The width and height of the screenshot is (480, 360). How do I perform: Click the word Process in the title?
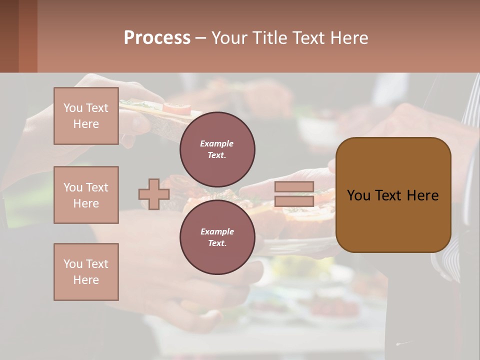[157, 38]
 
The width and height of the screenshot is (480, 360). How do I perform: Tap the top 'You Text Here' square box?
[86, 116]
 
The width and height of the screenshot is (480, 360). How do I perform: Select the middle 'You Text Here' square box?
[86, 195]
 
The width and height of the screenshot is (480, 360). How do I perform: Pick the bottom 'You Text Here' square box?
[86, 272]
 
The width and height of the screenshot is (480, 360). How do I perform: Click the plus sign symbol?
[154, 194]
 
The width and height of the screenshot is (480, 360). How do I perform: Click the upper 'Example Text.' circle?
[217, 149]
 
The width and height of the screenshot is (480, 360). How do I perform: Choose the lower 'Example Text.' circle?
[217, 237]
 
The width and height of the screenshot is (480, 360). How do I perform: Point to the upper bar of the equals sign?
[294, 187]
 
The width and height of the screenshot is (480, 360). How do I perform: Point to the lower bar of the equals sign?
[294, 201]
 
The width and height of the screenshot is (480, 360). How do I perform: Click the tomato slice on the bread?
[177, 107]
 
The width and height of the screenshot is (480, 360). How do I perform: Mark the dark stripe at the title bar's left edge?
[9, 36]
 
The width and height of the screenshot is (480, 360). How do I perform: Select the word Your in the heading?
[229, 38]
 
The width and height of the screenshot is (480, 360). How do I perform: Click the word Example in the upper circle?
[216, 143]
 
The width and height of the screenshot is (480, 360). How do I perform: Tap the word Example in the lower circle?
[216, 231]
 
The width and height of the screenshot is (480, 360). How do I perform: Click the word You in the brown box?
[358, 195]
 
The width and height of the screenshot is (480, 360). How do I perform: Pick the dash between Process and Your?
[201, 38]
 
